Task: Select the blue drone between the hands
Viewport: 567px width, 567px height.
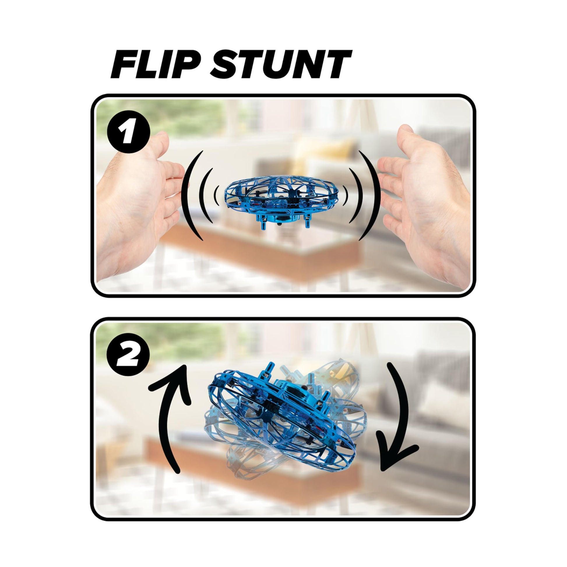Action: click(x=281, y=200)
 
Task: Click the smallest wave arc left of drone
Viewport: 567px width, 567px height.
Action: click(x=216, y=196)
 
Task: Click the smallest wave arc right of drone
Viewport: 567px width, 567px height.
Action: click(x=346, y=196)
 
